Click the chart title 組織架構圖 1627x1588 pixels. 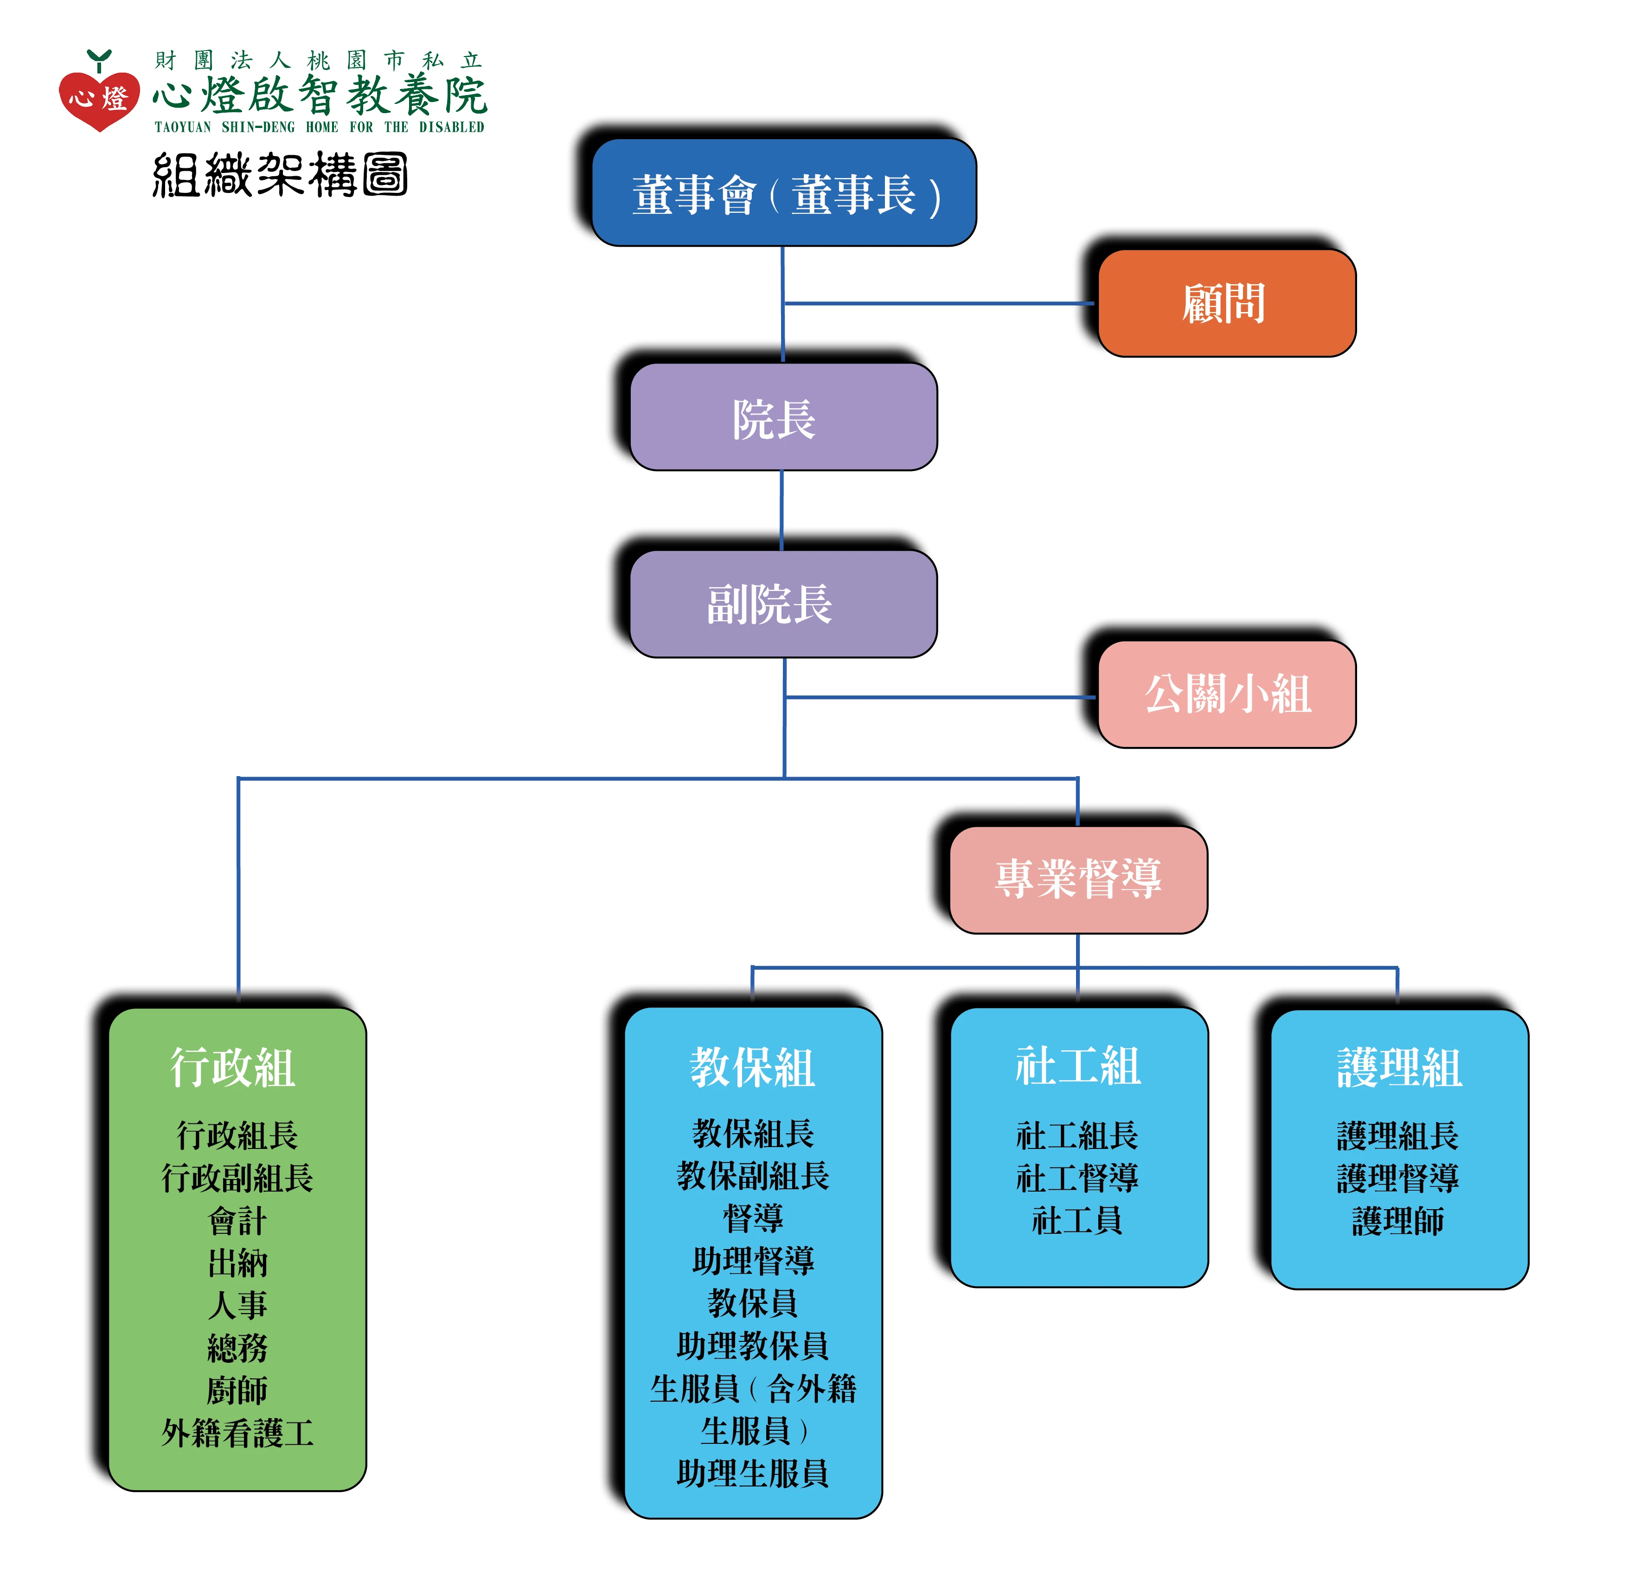coord(280,175)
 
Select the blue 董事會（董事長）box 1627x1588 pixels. coord(784,193)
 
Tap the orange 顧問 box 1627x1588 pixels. coord(1226,304)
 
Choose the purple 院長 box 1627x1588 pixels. coord(783,417)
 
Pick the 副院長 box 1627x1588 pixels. coord(783,604)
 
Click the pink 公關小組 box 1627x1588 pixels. coord(1226,694)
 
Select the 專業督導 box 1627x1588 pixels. coord(1078,879)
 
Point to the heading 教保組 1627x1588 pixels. coord(753,1068)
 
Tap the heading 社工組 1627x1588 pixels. coord(1078,1066)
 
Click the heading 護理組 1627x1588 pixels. coord(1399,1068)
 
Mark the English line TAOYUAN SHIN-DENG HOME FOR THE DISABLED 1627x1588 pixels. coord(320,127)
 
